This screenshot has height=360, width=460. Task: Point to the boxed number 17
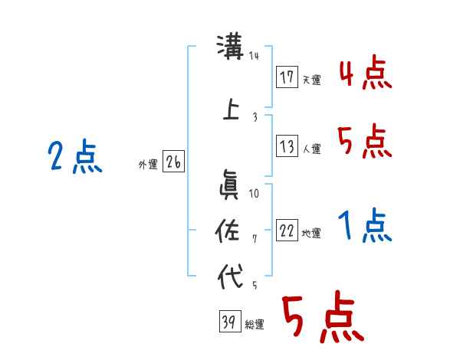[287, 77]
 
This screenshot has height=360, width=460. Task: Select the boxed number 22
[287, 231]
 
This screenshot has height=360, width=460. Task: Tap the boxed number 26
[173, 162]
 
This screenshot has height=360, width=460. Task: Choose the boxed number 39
[228, 322]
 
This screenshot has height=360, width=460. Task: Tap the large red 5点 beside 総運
[321, 319]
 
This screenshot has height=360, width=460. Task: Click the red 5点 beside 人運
[365, 142]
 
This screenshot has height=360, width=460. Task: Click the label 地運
[311, 234]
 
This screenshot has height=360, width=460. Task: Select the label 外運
[147, 165]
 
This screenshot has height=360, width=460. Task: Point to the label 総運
[254, 325]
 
